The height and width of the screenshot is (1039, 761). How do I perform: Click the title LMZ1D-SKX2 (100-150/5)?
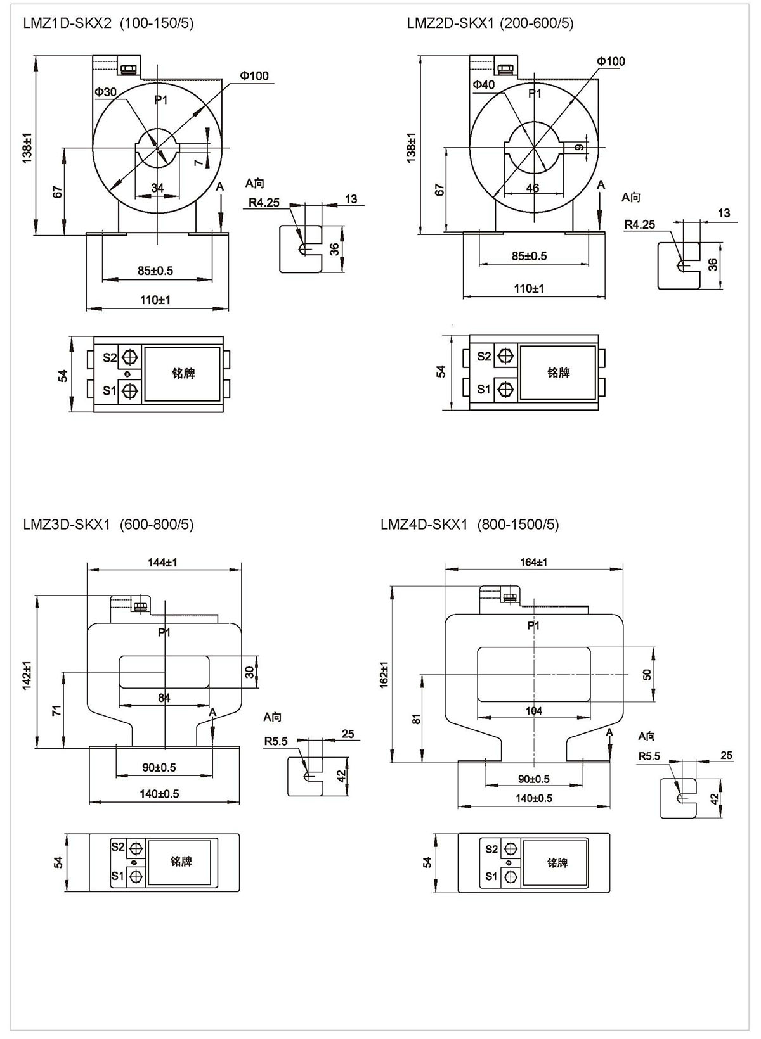(x=108, y=23)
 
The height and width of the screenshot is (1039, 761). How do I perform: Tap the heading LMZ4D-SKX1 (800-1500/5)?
(x=469, y=525)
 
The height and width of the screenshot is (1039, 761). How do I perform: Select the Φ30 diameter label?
(x=106, y=92)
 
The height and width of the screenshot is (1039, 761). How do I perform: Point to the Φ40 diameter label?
(x=483, y=85)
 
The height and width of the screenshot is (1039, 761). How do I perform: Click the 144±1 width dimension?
(x=163, y=562)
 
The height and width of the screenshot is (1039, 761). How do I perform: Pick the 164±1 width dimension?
(x=533, y=562)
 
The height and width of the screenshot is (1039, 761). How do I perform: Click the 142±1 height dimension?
(x=27, y=675)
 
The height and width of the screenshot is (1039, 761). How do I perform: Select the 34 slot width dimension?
(x=157, y=188)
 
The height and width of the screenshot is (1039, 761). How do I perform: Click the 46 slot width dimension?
(x=533, y=188)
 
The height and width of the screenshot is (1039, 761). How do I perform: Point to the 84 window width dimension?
(x=164, y=698)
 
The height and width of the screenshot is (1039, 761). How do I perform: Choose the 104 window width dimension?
(x=534, y=711)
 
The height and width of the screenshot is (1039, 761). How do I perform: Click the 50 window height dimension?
(x=647, y=674)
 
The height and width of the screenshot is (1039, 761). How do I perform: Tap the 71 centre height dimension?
(x=56, y=711)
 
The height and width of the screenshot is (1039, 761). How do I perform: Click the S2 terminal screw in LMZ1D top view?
(x=131, y=357)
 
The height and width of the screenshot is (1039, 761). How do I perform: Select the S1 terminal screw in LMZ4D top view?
(x=511, y=877)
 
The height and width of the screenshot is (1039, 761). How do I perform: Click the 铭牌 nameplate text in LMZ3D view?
(x=181, y=862)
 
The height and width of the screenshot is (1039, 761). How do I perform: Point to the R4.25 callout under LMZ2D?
(x=639, y=224)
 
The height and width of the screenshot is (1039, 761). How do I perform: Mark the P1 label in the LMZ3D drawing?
(x=164, y=632)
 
